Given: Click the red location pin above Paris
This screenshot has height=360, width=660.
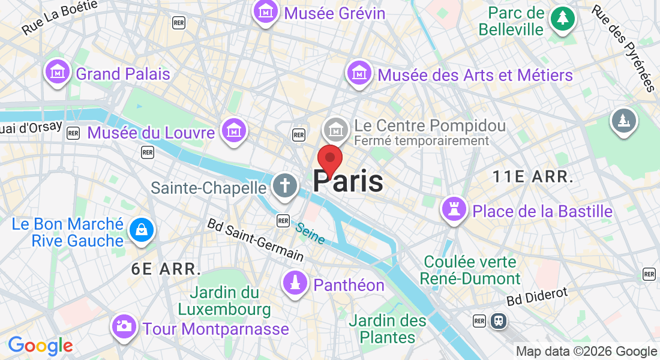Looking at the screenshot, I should tap(329, 159).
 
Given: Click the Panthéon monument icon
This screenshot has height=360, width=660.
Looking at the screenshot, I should tap(295, 283).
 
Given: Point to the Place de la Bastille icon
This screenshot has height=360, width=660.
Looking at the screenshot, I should tap(454, 209).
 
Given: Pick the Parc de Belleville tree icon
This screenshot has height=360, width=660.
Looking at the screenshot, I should tap(563, 19).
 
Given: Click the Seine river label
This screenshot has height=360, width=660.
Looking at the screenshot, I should tap(310, 233).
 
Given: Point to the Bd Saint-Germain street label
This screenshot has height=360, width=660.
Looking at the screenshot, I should tap(255, 239).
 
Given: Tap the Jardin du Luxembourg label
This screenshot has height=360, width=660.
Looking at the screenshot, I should tap(224, 301).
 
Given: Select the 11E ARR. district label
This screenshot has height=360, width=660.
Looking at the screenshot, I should tap(533, 176).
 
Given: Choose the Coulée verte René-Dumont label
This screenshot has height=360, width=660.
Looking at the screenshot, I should tap(470, 270).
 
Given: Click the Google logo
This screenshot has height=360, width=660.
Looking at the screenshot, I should tap(40, 346).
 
